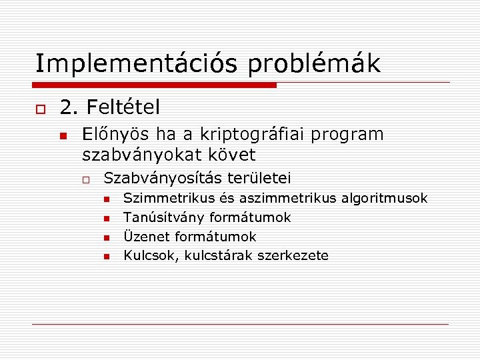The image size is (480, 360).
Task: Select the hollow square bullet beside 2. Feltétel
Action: [x=40, y=108]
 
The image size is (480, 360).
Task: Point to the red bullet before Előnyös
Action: [x=63, y=135]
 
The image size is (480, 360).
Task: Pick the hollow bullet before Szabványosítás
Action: [x=87, y=179]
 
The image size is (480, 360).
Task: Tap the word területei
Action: [x=259, y=179]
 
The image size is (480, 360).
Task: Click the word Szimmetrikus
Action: [x=169, y=198]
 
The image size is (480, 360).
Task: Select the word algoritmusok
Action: [x=385, y=198]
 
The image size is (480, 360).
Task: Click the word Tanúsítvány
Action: [x=164, y=217]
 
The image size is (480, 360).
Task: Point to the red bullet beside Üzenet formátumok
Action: [x=107, y=237]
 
